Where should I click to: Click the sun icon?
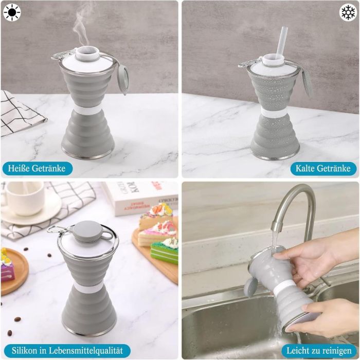coord(12,12)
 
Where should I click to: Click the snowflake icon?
coord(348,12)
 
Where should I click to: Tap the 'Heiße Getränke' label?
coord(37,169)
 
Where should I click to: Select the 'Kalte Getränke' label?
coord(323,169)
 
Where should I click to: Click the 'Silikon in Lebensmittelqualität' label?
coord(67,351)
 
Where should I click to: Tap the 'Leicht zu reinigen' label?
coord(319,351)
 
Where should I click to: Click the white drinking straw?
coord(281,43)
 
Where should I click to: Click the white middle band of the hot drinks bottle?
coord(88,111)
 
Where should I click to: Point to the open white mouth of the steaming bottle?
coord(87,52)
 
